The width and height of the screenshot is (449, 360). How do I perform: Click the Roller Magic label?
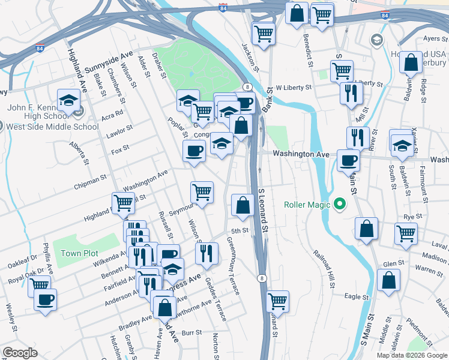(307, 205)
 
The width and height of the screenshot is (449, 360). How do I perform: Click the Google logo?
(20, 353)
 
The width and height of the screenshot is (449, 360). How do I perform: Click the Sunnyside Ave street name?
(109, 62)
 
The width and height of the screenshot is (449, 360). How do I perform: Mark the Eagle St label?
(356, 296)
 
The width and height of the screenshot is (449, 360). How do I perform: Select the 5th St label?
(240, 230)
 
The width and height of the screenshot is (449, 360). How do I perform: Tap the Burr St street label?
(190, 331)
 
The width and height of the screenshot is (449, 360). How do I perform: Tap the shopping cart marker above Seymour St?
(202, 192)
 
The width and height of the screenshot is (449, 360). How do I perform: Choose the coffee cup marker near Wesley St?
(46, 299)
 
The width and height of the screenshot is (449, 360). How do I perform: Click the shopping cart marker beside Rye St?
(406, 233)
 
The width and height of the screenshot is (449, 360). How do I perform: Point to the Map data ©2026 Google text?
(411, 355)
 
